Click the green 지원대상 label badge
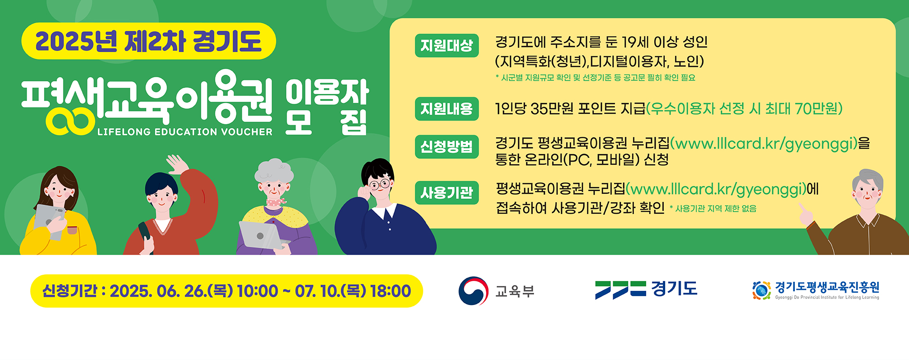tap(446, 45)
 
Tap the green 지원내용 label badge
tap(446, 109)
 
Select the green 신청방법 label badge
tap(446, 146)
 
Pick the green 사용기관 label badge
tap(446, 193)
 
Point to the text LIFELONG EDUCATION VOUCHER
tap(185, 132)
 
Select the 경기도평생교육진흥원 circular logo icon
tap(761, 290)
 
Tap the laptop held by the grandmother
tap(260, 234)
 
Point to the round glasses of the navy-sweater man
tap(379, 185)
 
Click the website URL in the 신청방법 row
tap(764, 143)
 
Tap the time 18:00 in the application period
tap(390, 291)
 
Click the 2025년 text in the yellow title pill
tap(76, 41)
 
